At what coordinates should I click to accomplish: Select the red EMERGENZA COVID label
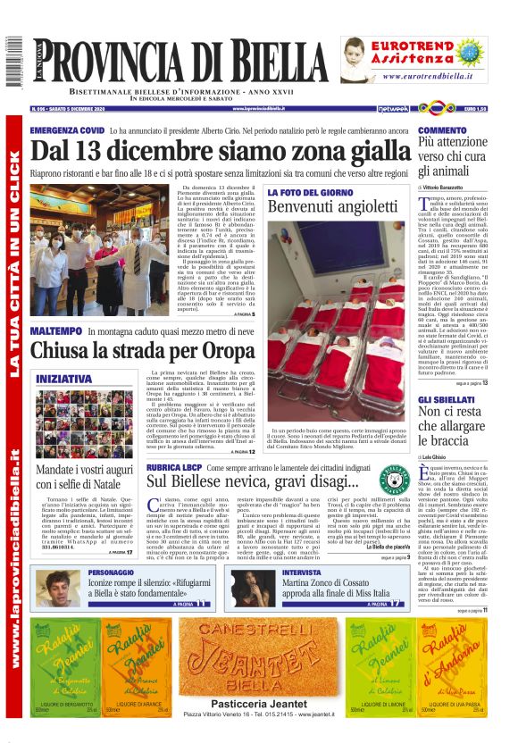click(x=67, y=130)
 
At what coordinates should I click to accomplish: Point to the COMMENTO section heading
click(x=442, y=130)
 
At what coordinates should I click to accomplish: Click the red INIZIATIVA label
click(x=63, y=379)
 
